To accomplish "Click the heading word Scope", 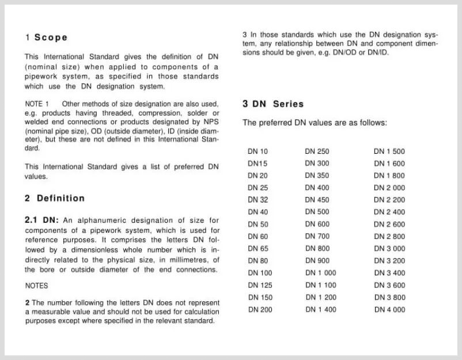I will [51, 37].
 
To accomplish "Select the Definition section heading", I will [60, 198].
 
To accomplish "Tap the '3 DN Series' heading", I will [273, 104].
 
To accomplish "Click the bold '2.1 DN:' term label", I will [41, 220].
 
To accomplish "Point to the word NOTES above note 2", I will [37, 286].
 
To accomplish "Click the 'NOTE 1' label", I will [33, 104].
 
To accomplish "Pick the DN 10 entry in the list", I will [257, 151].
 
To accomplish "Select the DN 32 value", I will [257, 200].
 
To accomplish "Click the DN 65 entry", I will [257, 249].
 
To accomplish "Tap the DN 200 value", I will [260, 310].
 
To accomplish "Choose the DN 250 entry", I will [317, 151].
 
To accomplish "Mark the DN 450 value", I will [317, 200].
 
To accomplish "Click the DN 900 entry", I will [317, 261].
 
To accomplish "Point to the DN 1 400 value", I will [320, 310].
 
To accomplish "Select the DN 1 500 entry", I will [389, 151].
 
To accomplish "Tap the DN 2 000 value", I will [389, 188].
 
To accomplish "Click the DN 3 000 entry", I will [389, 249].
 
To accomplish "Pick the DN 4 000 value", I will [389, 310].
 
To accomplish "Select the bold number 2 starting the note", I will [27, 303].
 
